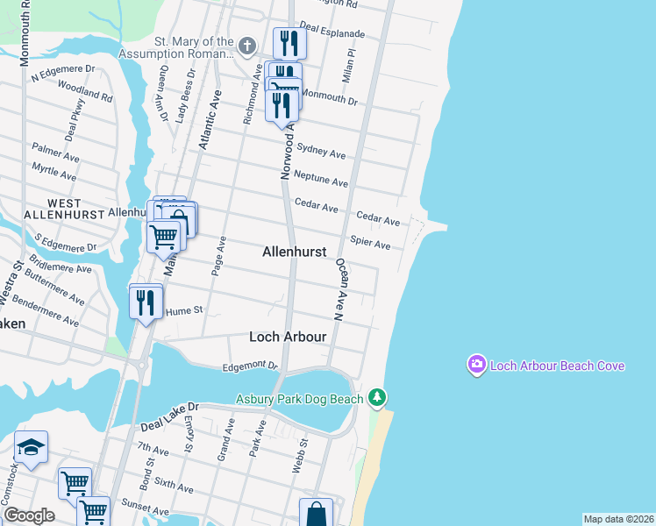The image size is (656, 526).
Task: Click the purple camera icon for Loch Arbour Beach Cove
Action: [x=476, y=364]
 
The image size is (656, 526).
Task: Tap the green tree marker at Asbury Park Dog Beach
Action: [x=377, y=398]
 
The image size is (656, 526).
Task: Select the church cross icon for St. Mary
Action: [x=247, y=46]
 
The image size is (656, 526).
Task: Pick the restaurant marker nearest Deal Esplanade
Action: [x=289, y=43]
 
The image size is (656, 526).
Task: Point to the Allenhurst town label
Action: [x=294, y=252]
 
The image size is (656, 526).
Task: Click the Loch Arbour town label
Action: [x=288, y=337]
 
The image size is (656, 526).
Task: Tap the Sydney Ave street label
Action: [x=321, y=152]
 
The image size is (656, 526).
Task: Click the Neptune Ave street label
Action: [x=321, y=179]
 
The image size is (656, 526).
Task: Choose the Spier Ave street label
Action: [x=369, y=243]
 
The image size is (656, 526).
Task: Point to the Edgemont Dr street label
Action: [x=250, y=366]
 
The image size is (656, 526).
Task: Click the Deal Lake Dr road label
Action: [x=170, y=416]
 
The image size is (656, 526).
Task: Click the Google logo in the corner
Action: [x=29, y=515]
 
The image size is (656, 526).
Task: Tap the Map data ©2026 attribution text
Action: [x=618, y=519]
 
